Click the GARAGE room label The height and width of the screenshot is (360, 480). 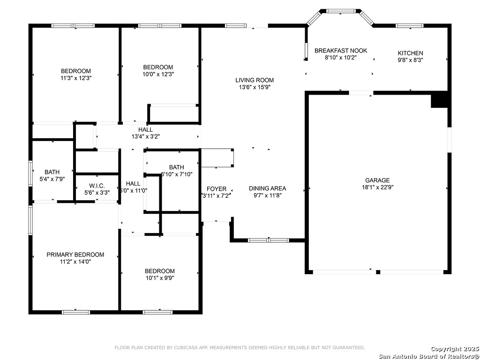pyautogui.click(x=377, y=180)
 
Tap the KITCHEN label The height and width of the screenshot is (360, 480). pyautogui.click(x=410, y=53)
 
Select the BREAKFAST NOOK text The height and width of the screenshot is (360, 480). pyautogui.click(x=341, y=51)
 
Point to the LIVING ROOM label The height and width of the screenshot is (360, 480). pyautogui.click(x=255, y=80)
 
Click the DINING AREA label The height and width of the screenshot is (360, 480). pyautogui.click(x=268, y=188)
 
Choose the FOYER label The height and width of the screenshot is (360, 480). pyautogui.click(x=217, y=189)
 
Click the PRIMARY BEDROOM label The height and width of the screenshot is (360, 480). pyautogui.click(x=75, y=255)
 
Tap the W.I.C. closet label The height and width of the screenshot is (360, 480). pyautogui.click(x=97, y=186)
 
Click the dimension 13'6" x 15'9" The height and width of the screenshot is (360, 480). pyautogui.click(x=255, y=87)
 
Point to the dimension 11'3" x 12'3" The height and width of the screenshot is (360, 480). pyautogui.click(x=76, y=78)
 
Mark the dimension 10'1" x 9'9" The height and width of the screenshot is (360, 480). pyautogui.click(x=160, y=278)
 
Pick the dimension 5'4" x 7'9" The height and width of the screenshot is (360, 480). pyautogui.click(x=52, y=179)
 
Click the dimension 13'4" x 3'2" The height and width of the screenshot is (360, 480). pyautogui.click(x=146, y=136)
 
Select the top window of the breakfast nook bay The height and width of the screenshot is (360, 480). pyautogui.click(x=341, y=11)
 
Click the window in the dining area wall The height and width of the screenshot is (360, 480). pyautogui.click(x=269, y=240)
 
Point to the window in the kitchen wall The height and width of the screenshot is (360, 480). pyautogui.click(x=410, y=26)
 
